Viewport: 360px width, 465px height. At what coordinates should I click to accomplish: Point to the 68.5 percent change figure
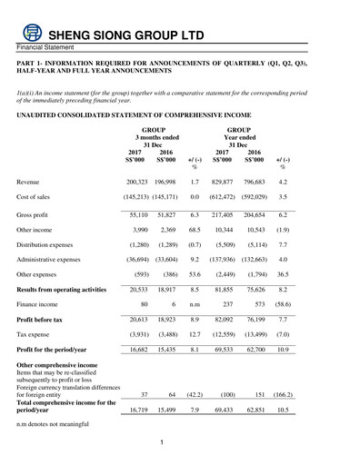click(195, 232)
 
